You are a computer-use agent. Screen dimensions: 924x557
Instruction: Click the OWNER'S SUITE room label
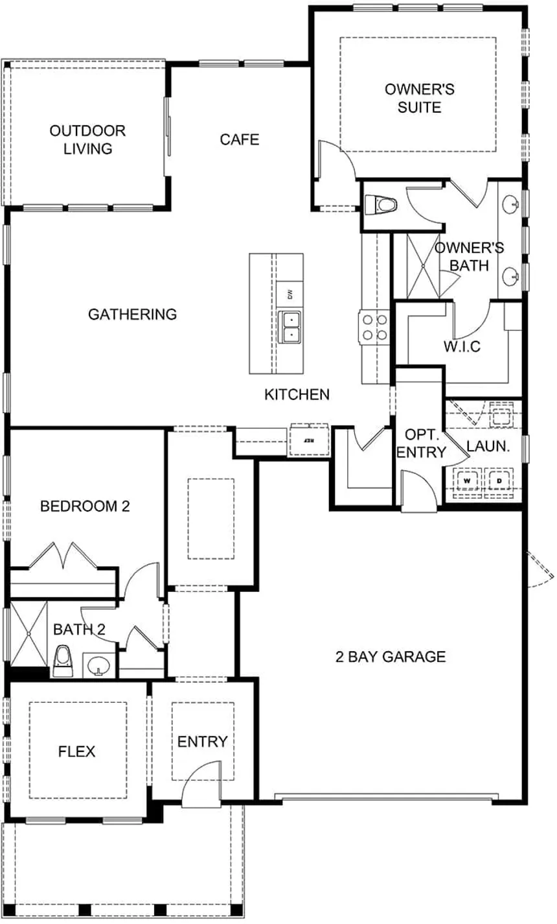[x=419, y=98]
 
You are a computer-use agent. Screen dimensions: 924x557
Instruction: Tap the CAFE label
[x=239, y=139]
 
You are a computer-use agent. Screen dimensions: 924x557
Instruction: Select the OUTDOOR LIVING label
[x=87, y=139]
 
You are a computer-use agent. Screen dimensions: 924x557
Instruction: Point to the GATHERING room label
[x=132, y=314]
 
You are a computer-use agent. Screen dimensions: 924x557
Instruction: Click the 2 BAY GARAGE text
[x=391, y=657]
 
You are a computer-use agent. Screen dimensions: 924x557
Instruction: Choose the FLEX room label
[x=76, y=752]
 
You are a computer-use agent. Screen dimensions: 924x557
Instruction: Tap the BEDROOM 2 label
[x=85, y=506]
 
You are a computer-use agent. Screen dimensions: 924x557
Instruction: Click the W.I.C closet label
[x=462, y=346]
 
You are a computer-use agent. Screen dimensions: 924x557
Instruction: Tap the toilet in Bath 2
[x=63, y=661]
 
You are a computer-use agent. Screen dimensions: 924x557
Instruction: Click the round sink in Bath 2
[x=98, y=665]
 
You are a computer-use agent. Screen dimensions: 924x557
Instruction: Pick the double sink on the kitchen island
[x=290, y=327]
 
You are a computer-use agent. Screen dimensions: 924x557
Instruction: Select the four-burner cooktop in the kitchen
[x=374, y=327]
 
